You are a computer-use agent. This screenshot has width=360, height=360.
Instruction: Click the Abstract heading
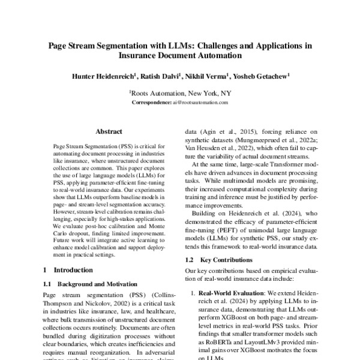(x=109, y=131)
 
